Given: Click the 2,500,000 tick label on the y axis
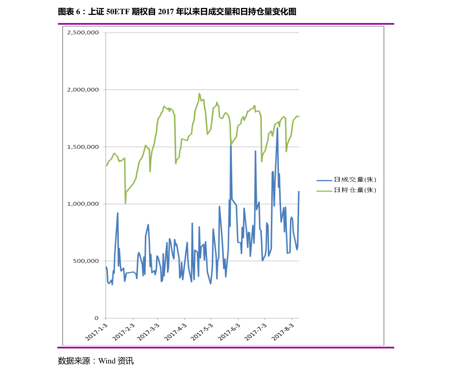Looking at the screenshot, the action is [83, 32].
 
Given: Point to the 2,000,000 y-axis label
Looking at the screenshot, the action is [83, 90].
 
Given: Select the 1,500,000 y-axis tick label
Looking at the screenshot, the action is [83, 147].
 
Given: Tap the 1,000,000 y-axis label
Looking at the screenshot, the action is [83, 204].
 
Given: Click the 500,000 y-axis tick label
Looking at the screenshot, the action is [86, 261].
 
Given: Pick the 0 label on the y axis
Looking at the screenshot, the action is [97, 318].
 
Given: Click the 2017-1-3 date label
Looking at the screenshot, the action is [96, 332].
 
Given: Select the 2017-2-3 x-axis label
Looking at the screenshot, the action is [124, 332].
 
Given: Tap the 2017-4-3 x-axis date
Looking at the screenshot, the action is [175, 332].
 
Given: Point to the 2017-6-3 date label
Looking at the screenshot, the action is [229, 332].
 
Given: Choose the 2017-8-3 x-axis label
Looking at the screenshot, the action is [283, 332].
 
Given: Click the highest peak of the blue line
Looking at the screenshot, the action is [277, 128].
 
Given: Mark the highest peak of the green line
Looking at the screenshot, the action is [199, 94].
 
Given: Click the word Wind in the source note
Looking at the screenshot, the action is [107, 361].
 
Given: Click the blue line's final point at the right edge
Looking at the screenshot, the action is [299, 191].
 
